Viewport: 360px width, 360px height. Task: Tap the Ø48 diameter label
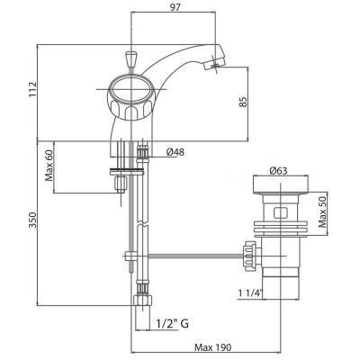point(176,152)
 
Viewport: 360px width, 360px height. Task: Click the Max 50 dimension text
point(326,212)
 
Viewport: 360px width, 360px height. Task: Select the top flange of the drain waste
point(280,185)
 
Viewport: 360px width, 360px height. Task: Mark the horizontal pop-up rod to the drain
point(189,256)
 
